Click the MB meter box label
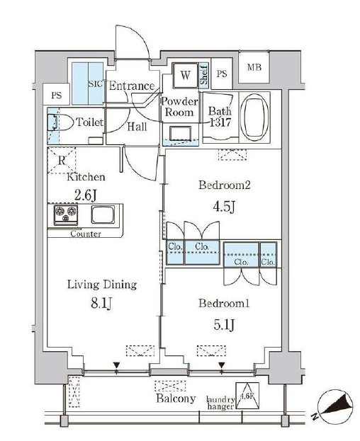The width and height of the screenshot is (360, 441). (x=254, y=67)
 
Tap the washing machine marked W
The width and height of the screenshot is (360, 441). (x=185, y=75)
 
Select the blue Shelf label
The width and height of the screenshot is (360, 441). (x=204, y=74)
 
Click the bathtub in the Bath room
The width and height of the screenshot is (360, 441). (x=254, y=118)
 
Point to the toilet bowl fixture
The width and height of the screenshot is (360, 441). (x=60, y=122)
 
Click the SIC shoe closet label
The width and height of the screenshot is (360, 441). (x=96, y=84)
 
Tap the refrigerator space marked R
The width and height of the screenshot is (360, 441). (x=62, y=160)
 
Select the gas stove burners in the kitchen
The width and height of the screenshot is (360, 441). (x=66, y=214)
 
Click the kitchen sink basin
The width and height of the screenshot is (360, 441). (x=103, y=214)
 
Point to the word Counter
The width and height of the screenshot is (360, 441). (x=86, y=234)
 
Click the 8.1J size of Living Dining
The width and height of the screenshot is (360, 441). (x=102, y=303)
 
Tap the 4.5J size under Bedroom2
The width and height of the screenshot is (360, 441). (x=224, y=207)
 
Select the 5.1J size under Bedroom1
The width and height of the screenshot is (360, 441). (x=224, y=325)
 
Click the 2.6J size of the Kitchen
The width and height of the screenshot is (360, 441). (x=86, y=195)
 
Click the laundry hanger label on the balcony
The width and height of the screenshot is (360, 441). (x=220, y=403)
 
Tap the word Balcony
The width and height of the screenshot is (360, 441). (x=176, y=399)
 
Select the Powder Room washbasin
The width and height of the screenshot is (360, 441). (x=181, y=133)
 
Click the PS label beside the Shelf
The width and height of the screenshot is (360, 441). (x=222, y=74)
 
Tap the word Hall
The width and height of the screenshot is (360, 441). (x=137, y=127)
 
